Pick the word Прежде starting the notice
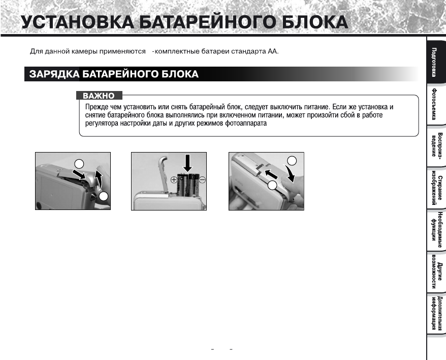(x=95, y=107)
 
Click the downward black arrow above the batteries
(x=188, y=163)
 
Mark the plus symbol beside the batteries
(x=174, y=179)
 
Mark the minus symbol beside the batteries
(x=202, y=179)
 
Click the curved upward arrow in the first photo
(x=100, y=181)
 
